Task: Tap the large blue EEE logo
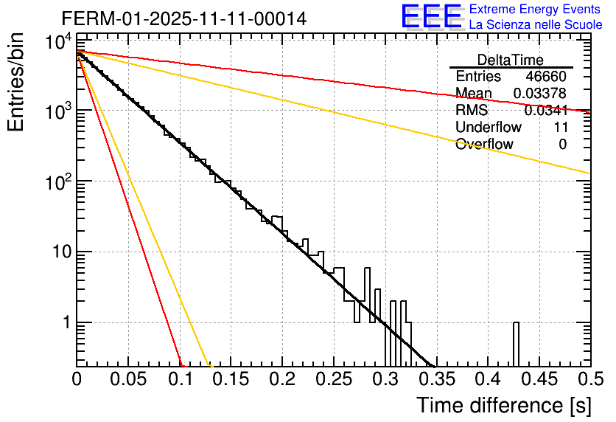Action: click(431, 18)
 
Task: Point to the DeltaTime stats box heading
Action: click(511, 60)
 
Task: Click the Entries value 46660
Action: click(546, 77)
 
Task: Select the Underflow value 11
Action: click(559, 128)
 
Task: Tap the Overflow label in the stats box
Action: click(484, 145)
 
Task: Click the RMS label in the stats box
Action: click(472, 111)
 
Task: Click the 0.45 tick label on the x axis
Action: click(539, 380)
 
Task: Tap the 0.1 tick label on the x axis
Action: click(180, 380)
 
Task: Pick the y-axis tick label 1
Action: click(64, 323)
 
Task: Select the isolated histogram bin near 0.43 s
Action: click(516, 343)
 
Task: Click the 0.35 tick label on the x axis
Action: click(436, 380)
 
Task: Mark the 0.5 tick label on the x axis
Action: click(589, 380)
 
